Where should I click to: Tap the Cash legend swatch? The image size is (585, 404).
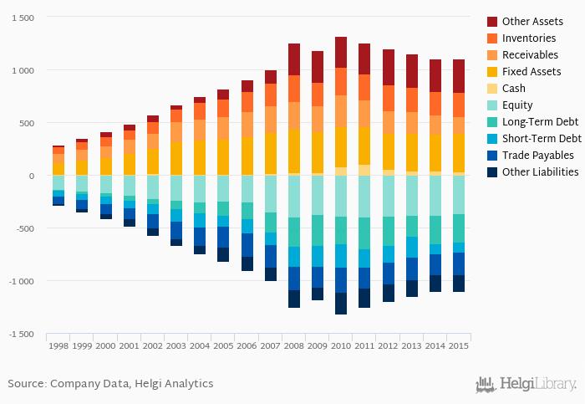click(x=493, y=89)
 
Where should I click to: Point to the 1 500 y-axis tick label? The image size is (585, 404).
click(x=20, y=18)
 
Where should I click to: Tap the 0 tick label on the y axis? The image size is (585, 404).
click(x=32, y=176)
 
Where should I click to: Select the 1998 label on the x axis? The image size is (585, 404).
click(x=58, y=345)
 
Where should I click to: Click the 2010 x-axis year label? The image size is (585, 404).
click(x=341, y=345)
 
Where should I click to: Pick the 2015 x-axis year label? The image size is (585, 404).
click(x=458, y=345)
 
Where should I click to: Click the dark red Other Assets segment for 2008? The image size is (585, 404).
click(x=294, y=59)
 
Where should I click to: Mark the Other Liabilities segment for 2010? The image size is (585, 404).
click(x=341, y=304)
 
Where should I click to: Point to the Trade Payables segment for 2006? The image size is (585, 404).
click(x=247, y=245)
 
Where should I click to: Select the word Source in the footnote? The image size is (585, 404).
click(x=26, y=384)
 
